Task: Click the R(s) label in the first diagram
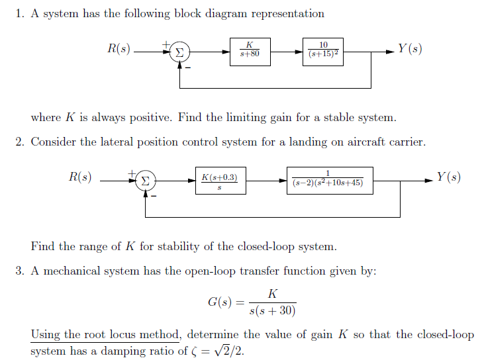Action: point(119,48)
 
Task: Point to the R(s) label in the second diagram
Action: point(81,177)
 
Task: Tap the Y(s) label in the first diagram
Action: point(410,49)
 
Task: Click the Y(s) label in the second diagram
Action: point(448,177)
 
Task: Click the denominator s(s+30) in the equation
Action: point(272,310)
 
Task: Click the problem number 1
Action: point(19,14)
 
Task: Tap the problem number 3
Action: point(19,271)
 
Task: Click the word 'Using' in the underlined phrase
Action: point(45,334)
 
